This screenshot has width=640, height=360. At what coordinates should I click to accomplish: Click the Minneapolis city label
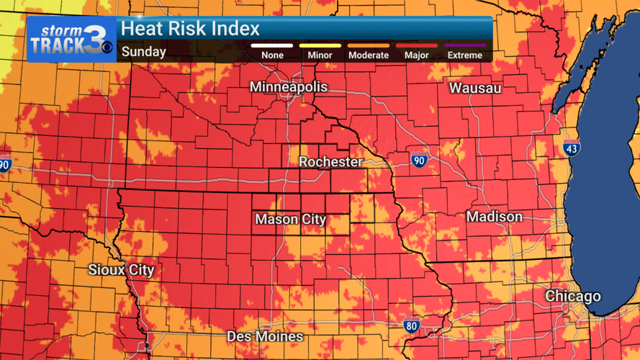[288, 87]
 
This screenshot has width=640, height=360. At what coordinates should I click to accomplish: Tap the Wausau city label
[475, 89]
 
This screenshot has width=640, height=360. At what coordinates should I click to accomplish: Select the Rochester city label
[330, 162]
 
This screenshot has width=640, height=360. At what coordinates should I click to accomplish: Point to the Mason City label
[291, 220]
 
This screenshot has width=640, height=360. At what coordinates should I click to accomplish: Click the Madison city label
[494, 217]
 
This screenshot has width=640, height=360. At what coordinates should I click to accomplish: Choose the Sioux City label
[121, 270]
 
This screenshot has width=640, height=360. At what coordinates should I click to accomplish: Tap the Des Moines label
[265, 336]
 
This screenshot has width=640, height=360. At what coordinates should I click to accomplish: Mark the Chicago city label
[572, 296]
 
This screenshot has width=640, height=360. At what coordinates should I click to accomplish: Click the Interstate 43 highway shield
[572, 148]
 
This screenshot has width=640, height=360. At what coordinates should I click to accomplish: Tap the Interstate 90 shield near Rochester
[419, 160]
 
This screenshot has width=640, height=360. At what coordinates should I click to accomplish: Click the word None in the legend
[272, 55]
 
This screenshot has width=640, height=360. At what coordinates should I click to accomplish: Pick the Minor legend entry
[320, 55]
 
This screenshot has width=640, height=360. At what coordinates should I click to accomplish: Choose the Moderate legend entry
[368, 55]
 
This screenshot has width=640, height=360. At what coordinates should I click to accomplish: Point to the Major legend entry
[417, 55]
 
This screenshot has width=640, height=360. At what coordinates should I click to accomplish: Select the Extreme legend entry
[464, 55]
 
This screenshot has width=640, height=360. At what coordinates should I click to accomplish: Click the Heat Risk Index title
[190, 30]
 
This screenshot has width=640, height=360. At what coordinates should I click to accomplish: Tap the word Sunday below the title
[143, 52]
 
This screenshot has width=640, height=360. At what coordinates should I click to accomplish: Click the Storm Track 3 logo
[71, 40]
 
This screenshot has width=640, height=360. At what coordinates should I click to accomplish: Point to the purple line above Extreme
[464, 45]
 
